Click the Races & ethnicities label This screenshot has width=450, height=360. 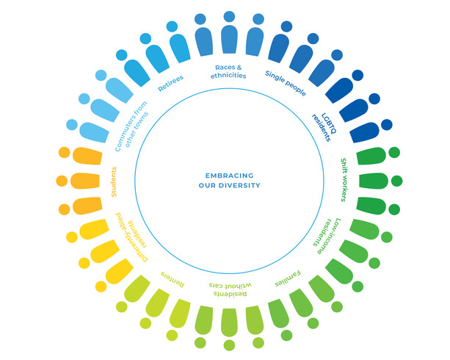click(228, 71)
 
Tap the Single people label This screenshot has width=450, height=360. click(286, 83)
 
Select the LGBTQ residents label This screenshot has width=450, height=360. click(324, 127)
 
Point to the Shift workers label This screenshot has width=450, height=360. click(344, 180)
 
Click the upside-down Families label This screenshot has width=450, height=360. click(288, 278)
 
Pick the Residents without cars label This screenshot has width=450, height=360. click(230, 289)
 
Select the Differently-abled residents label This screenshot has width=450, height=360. click(131, 237)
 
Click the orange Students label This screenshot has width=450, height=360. click(114, 182)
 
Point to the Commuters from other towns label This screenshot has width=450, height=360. click(131, 126)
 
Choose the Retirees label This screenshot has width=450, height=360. click(171, 83)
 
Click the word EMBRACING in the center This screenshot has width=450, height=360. click(229, 176)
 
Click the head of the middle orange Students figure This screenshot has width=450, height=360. click(62, 181)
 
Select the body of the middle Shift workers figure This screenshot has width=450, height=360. click(373, 181)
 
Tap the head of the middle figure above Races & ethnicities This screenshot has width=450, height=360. click(229, 17)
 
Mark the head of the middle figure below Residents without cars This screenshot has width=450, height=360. click(229, 345)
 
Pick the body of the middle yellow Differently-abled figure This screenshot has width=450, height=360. click(104, 251)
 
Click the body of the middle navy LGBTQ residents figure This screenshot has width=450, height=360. click(354, 110)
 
